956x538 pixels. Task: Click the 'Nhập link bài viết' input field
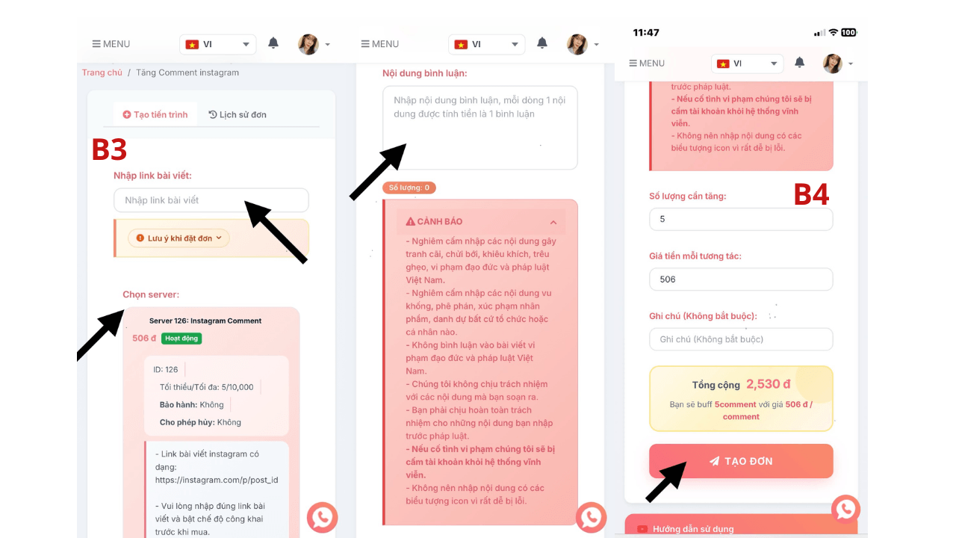[211, 200]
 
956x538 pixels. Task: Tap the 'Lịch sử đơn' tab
[238, 114]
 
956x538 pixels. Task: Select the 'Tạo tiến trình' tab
[155, 114]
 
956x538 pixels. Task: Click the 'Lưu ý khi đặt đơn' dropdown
[179, 238]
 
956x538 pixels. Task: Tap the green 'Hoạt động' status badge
[181, 338]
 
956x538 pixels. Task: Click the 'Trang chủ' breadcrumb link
[102, 72]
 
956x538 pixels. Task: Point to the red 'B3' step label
[109, 149]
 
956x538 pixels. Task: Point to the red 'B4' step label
[811, 195]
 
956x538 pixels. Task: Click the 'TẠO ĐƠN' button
[741, 461]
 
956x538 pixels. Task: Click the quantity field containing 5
[741, 219]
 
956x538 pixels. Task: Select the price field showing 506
[741, 279]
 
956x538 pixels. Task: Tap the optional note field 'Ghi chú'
[741, 339]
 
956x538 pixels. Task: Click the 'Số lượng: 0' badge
[409, 188]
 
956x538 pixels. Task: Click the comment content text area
[480, 128]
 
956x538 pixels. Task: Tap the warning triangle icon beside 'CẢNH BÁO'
[410, 221]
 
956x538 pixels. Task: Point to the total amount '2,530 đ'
[769, 384]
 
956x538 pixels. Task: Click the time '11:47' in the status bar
[646, 33]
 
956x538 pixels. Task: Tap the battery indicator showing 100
[848, 32]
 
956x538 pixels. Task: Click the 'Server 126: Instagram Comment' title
[205, 321]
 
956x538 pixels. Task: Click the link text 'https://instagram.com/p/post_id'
[217, 480]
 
